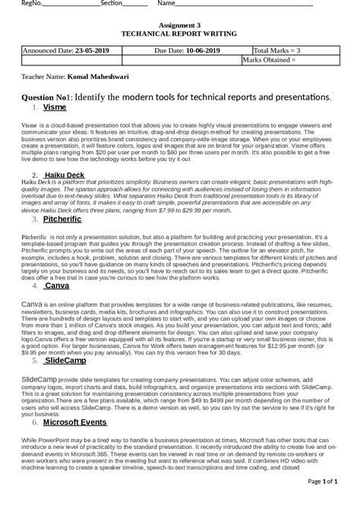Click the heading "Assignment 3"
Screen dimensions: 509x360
(179, 25)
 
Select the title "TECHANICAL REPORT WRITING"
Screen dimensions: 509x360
(179, 34)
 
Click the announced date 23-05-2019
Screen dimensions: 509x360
(92, 50)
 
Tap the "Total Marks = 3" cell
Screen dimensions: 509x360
(276, 50)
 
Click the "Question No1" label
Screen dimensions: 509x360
(44, 97)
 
